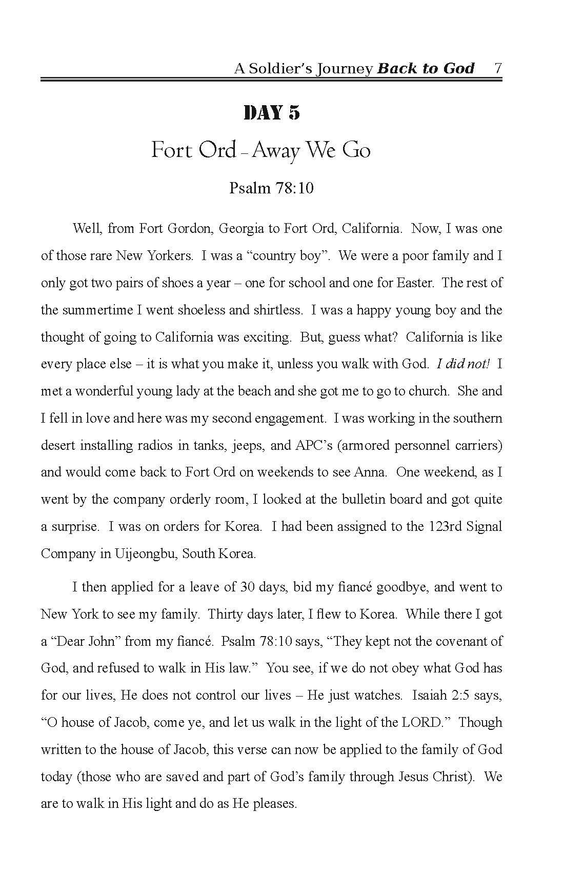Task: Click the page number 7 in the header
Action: pyautogui.click(x=497, y=68)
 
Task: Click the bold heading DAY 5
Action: pyautogui.click(x=272, y=113)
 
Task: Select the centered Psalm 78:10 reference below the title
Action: pyautogui.click(x=271, y=188)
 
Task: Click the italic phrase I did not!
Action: pyautogui.click(x=463, y=364)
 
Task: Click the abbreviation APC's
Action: pyautogui.click(x=314, y=445)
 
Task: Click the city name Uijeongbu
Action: pyautogui.click(x=144, y=554)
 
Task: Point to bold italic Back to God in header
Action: pyautogui.click(x=426, y=68)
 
